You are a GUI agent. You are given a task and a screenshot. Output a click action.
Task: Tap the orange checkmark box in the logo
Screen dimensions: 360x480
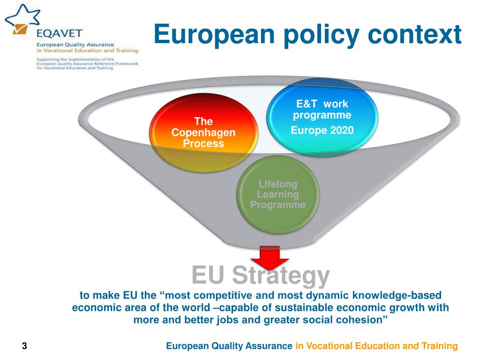20,29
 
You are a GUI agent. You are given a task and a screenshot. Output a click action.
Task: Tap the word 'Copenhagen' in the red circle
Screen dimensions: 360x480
203,133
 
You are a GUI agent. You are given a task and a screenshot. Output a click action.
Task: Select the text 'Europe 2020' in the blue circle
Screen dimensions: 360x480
322,130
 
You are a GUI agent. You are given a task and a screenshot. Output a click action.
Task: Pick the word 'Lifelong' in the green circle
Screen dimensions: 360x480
278,184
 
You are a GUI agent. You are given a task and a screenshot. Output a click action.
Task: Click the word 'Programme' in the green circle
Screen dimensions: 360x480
278,205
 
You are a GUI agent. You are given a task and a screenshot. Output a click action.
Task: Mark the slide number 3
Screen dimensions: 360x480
24,346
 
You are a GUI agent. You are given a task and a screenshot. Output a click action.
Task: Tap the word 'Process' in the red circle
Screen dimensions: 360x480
203,143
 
